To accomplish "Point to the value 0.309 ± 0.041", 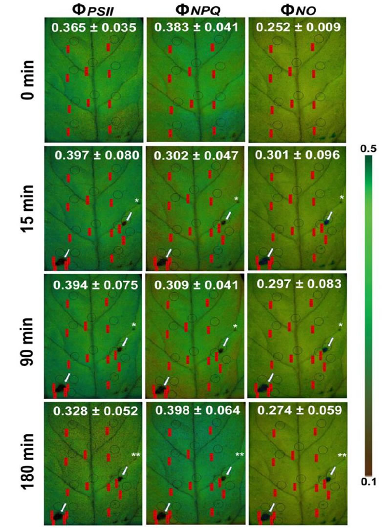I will (195, 284).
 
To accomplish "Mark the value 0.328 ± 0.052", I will (95, 411).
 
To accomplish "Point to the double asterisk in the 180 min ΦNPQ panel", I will (239, 456).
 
